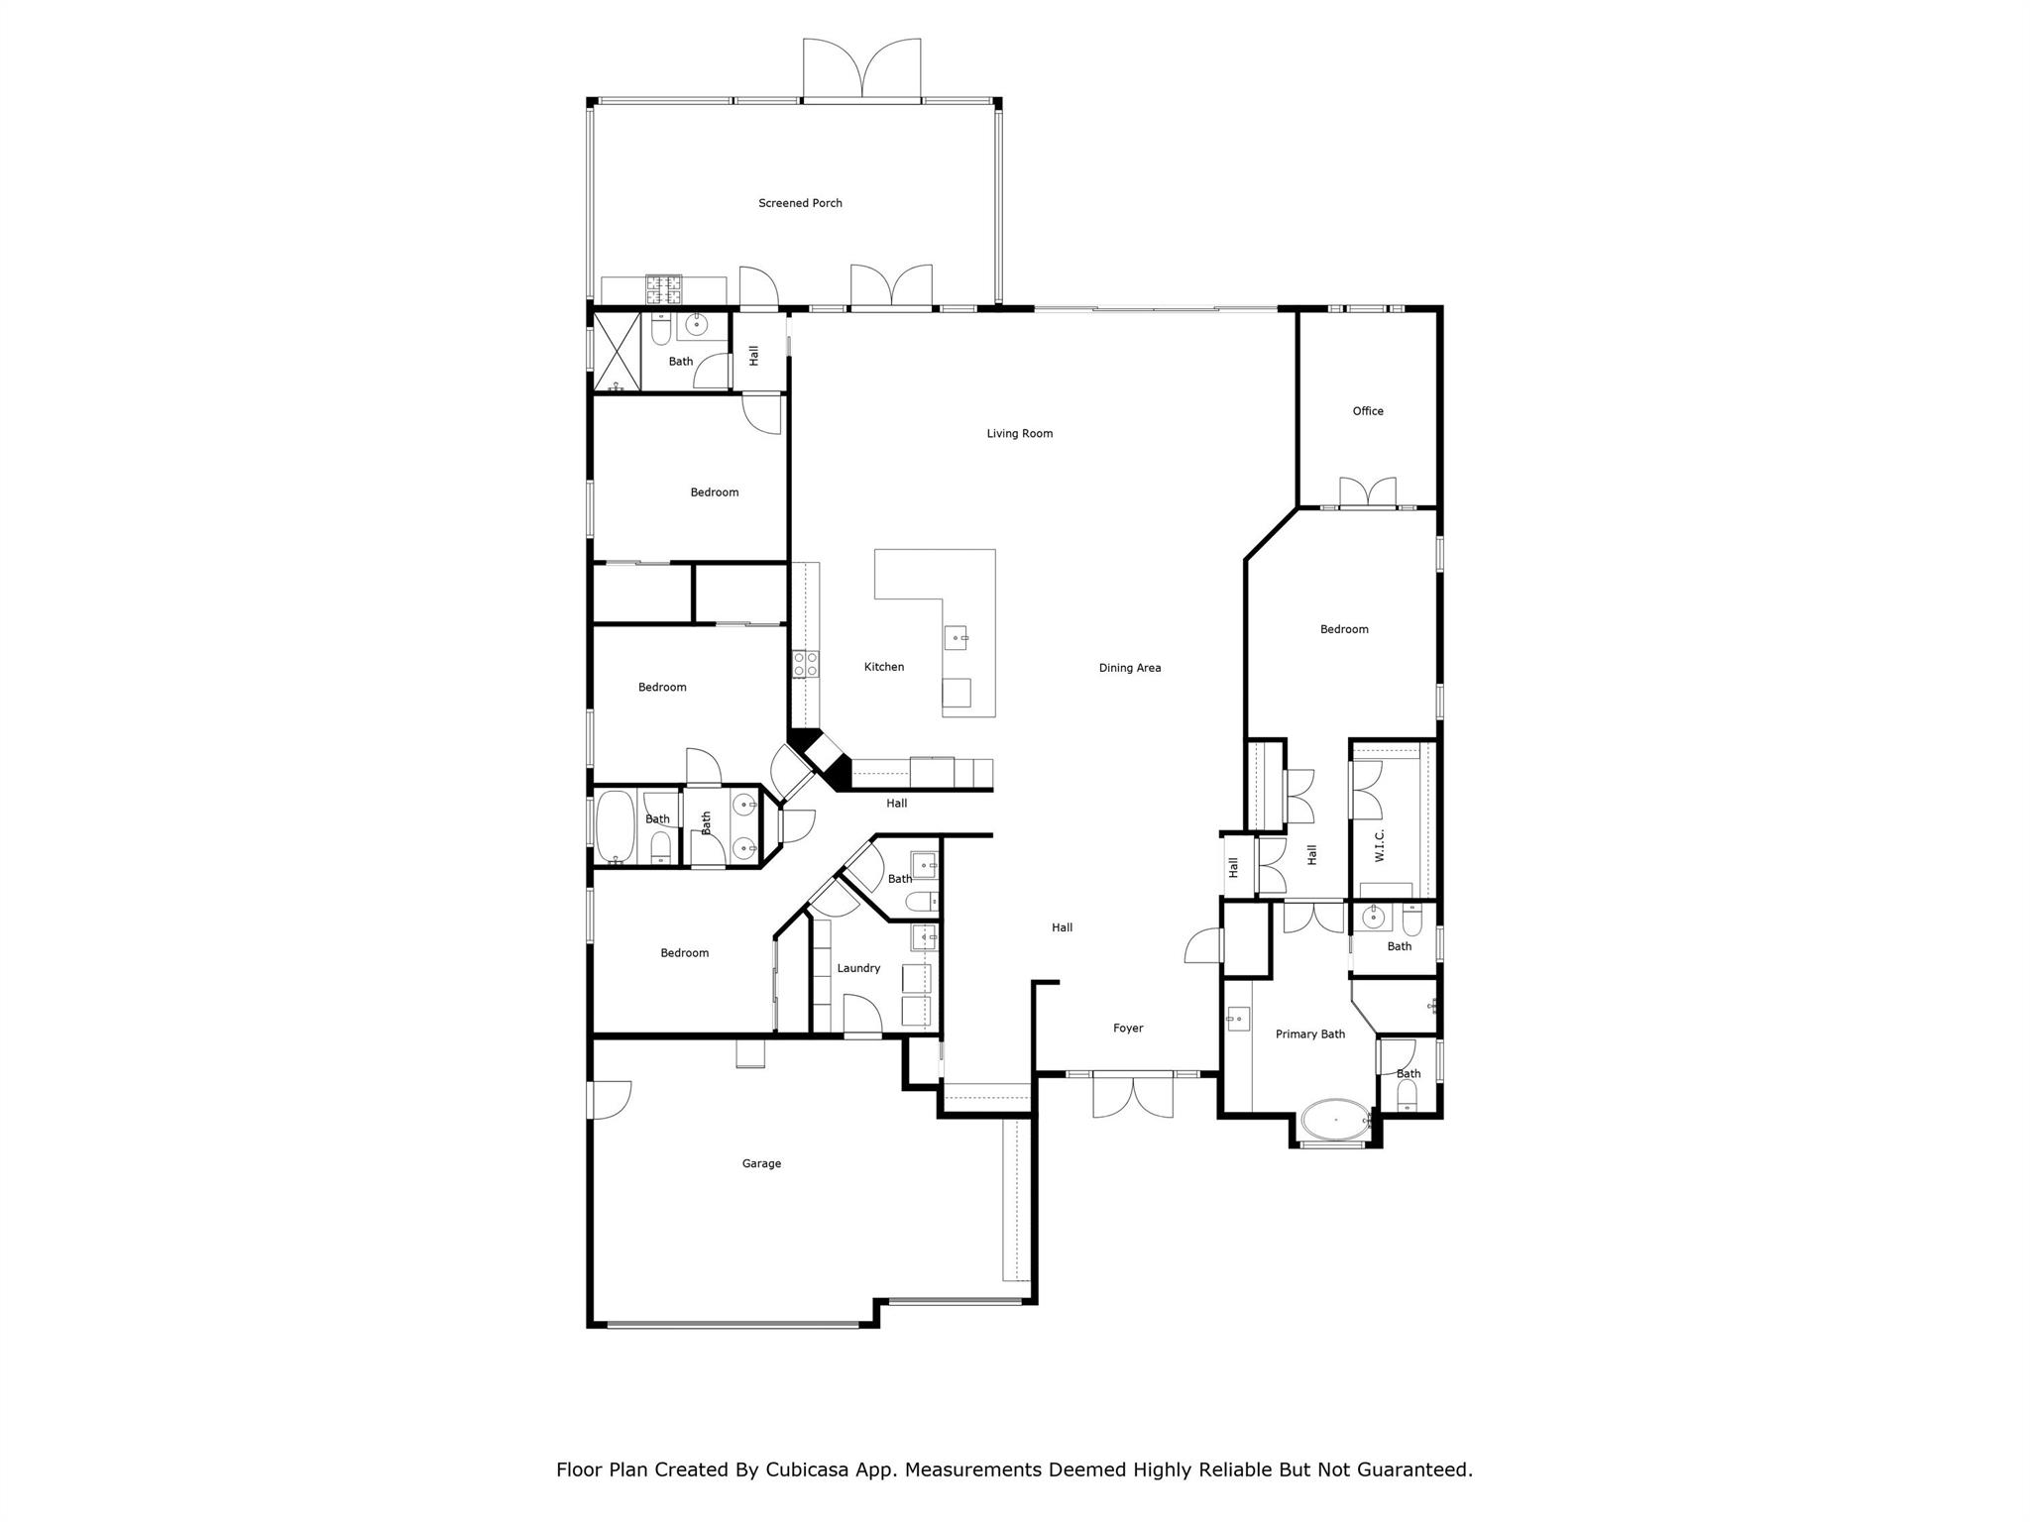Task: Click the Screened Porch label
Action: pyautogui.click(x=800, y=203)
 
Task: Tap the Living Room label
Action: pyautogui.click(x=1019, y=433)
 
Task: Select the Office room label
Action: pyautogui.click(x=1367, y=411)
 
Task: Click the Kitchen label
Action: pyautogui.click(x=883, y=667)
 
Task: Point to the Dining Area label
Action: pyautogui.click(x=1129, y=668)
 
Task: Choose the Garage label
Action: pyautogui.click(x=761, y=1163)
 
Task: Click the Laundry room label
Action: pyautogui.click(x=858, y=968)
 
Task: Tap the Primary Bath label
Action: pyautogui.click(x=1309, y=1034)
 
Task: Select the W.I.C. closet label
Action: pyautogui.click(x=1379, y=846)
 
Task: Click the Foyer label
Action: pyautogui.click(x=1127, y=1029)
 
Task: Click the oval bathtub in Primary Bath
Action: pyautogui.click(x=1334, y=1120)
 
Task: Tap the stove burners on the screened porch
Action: pyautogui.click(x=664, y=288)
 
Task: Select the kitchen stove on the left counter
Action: pyautogui.click(x=805, y=664)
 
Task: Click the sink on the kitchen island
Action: pyautogui.click(x=956, y=637)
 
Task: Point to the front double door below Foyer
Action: pyautogui.click(x=1132, y=1096)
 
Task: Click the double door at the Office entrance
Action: pyautogui.click(x=1368, y=492)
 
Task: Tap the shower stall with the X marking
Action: pyautogui.click(x=616, y=352)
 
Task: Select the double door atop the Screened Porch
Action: pyautogui.click(x=861, y=69)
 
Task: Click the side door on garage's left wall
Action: pyautogui.click(x=609, y=1100)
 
